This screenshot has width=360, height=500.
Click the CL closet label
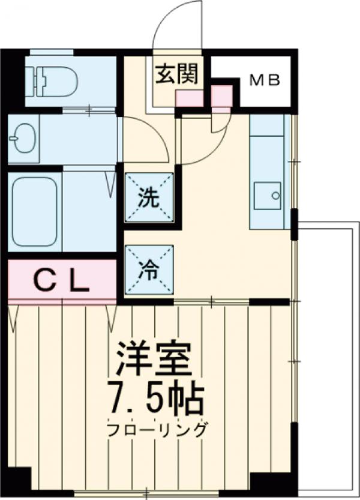[x=60, y=280]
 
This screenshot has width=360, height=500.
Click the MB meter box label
[x=265, y=80]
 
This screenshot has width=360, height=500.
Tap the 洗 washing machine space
[x=148, y=198]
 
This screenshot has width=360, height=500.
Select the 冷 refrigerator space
[x=148, y=270]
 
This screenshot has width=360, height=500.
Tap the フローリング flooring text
[x=157, y=430]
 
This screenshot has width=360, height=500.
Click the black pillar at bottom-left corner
[x=15, y=481]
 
